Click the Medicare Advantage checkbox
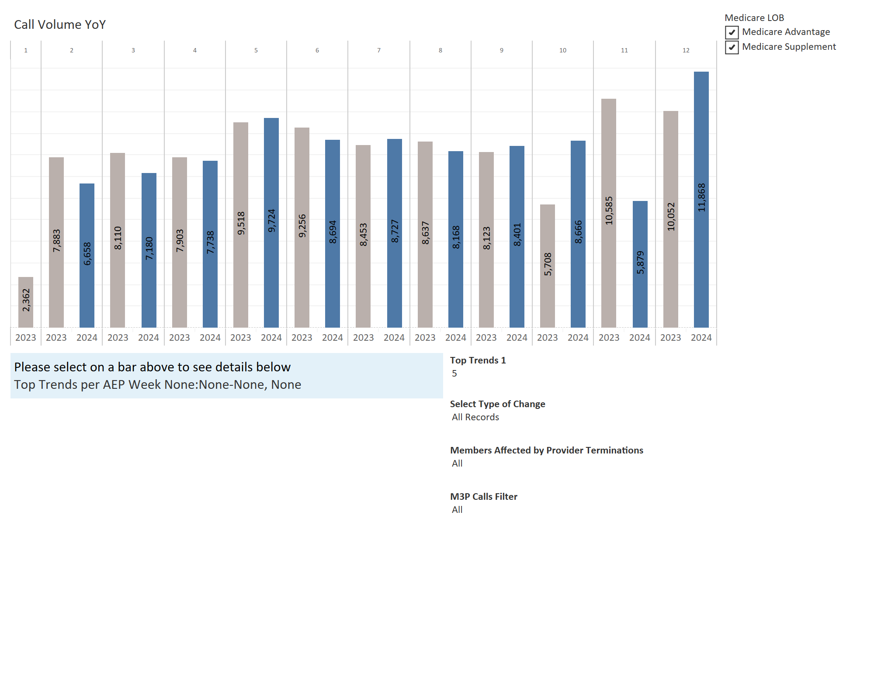tap(732, 32)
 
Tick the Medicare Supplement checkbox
tap(732, 47)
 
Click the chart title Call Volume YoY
tap(60, 24)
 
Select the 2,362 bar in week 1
tap(26, 301)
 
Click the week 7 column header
tap(379, 50)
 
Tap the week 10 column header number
tap(563, 50)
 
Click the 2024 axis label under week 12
tap(701, 338)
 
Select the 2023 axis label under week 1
tap(26, 338)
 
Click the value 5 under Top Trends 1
tap(454, 374)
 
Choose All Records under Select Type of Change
tap(475, 417)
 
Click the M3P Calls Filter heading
tap(484, 497)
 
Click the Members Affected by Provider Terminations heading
tap(547, 450)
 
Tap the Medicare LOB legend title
tap(754, 18)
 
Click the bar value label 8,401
tap(517, 235)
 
